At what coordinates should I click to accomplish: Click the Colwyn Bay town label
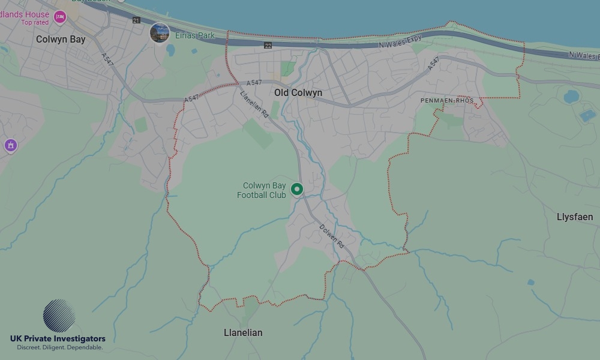click(x=61, y=40)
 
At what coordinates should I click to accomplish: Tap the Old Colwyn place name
click(x=298, y=93)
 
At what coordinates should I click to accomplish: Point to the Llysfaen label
click(x=575, y=217)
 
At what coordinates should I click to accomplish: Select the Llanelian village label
click(x=243, y=332)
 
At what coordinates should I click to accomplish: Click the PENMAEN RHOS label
click(x=447, y=101)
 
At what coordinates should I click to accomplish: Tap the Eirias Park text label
click(x=195, y=36)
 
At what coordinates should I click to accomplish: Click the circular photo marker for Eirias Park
click(x=160, y=33)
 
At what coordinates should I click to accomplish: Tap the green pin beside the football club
click(x=296, y=190)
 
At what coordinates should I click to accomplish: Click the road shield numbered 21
click(x=136, y=20)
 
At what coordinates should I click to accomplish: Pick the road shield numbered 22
click(x=268, y=46)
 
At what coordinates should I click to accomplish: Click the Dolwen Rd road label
click(x=331, y=236)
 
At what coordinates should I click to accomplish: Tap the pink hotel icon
click(x=59, y=17)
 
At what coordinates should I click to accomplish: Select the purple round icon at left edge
click(x=10, y=145)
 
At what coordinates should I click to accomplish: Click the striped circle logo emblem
click(x=59, y=316)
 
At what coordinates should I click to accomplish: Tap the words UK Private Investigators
click(x=58, y=339)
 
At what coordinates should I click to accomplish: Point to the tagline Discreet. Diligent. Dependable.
click(x=59, y=348)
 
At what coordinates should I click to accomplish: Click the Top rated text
click(x=35, y=23)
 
